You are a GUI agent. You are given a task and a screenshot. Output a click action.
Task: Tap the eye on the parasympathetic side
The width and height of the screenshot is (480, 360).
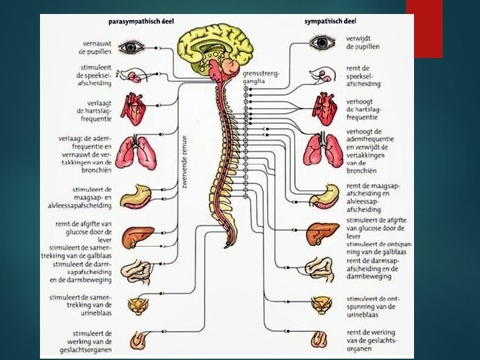pyautogui.click(x=131, y=47)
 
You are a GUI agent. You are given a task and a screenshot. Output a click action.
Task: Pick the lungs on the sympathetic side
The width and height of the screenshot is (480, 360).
pyautogui.click(x=322, y=150)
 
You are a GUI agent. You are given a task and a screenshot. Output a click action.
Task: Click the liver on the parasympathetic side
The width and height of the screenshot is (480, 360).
pyautogui.click(x=139, y=237)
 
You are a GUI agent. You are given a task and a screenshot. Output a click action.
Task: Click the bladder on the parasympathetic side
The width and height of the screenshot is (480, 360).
pyautogui.click(x=139, y=306)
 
